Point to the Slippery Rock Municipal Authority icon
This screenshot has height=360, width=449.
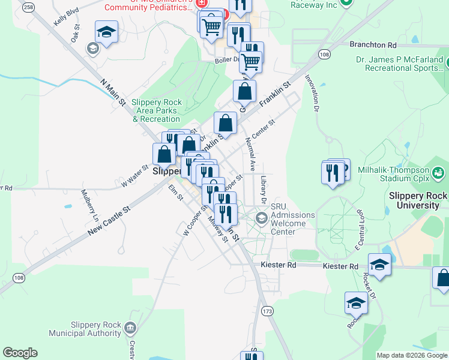(130, 328)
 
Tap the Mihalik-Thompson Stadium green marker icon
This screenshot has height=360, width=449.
(439, 173)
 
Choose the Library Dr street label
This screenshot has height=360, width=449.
(264, 188)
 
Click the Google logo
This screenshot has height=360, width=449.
(20, 353)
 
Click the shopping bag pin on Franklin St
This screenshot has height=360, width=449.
(224, 124)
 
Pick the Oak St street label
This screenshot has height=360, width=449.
(75, 34)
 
